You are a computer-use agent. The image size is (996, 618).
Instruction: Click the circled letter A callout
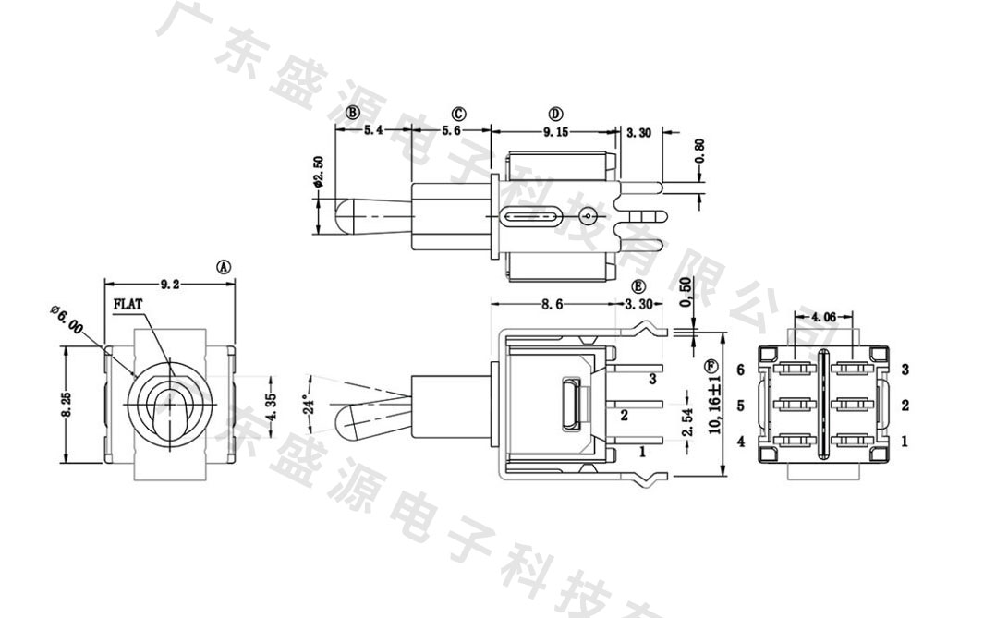coord(224,266)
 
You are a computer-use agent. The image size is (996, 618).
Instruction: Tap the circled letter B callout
coord(352,113)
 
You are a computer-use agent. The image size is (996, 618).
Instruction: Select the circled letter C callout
coord(458,114)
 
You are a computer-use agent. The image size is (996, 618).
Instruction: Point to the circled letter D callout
coord(555,114)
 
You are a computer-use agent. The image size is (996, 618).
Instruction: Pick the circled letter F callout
coord(711,366)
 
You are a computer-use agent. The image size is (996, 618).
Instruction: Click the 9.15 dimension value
coord(555,132)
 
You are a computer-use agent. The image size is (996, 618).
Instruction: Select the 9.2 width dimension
coord(170,285)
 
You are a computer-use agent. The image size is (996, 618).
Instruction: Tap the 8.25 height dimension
coord(66,405)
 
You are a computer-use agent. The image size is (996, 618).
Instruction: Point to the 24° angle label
coord(311,405)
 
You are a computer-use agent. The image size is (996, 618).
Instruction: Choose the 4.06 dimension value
coord(823,317)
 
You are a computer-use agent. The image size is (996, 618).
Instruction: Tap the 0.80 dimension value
coord(698,148)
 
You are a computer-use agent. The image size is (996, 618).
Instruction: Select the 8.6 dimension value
coord(552,304)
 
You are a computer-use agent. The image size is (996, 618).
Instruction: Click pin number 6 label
coord(741,370)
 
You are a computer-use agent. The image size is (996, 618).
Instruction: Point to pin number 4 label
coord(741,442)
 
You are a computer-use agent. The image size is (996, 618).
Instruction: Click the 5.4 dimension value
coord(372,132)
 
